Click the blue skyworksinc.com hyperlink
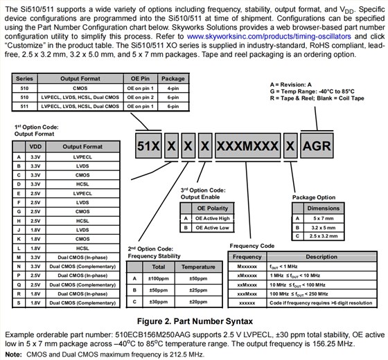[269, 37]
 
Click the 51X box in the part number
[148, 145]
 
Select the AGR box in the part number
[317, 145]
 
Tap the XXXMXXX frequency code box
[248, 145]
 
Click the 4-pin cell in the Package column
[173, 89]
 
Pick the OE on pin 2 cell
[140, 97]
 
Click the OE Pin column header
[140, 79]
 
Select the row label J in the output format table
[19, 230]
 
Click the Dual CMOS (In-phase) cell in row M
[82, 258]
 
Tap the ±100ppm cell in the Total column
[159, 278]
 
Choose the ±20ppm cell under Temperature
[198, 302]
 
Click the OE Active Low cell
[212, 228]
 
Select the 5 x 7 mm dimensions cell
[324, 218]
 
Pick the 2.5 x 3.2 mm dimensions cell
[324, 236]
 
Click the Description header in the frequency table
[321, 257]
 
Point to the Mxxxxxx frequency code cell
[247, 267]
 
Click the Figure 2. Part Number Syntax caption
[195, 321]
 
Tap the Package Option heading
[314, 197]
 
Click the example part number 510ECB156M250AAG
[153, 335]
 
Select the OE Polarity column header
[212, 208]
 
